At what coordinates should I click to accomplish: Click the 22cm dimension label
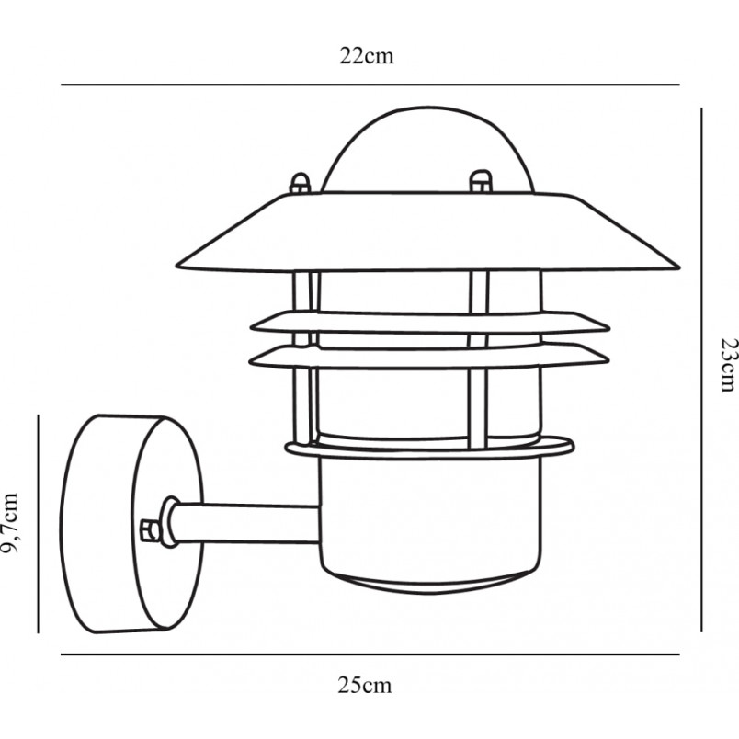pyautogui.click(x=366, y=56)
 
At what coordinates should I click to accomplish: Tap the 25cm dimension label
pyautogui.click(x=364, y=685)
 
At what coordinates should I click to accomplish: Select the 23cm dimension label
pyautogui.click(x=727, y=365)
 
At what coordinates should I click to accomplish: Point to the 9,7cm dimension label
pyautogui.click(x=10, y=523)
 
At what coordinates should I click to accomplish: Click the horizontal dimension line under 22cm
pyautogui.click(x=370, y=85)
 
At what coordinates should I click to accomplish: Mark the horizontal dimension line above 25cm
pyautogui.click(x=370, y=654)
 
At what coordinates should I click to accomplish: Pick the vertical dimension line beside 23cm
pyautogui.click(x=701, y=370)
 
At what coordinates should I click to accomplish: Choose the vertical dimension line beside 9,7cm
pyautogui.click(x=39, y=524)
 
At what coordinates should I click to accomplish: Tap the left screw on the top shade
pyautogui.click(x=301, y=184)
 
